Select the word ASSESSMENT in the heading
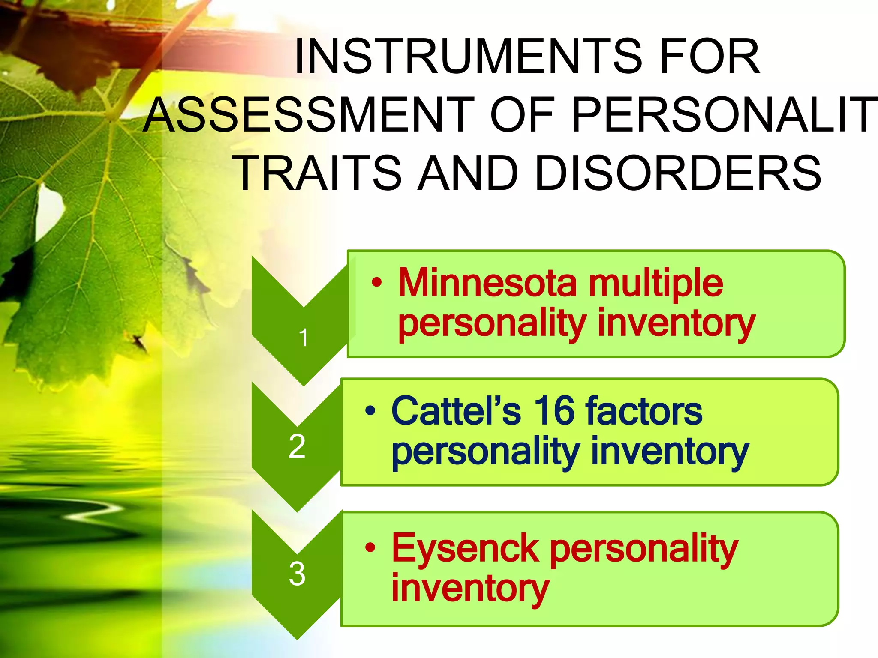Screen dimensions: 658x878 tap(309, 115)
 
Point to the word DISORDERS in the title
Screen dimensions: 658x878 tap(678, 173)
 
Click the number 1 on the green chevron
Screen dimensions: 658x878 tap(304, 338)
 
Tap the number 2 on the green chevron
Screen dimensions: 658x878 tap(297, 446)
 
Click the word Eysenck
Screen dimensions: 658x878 tap(465, 548)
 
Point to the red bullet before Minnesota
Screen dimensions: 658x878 tap(376, 282)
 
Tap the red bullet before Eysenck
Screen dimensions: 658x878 tap(370, 548)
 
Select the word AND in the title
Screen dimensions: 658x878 tap(468, 173)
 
